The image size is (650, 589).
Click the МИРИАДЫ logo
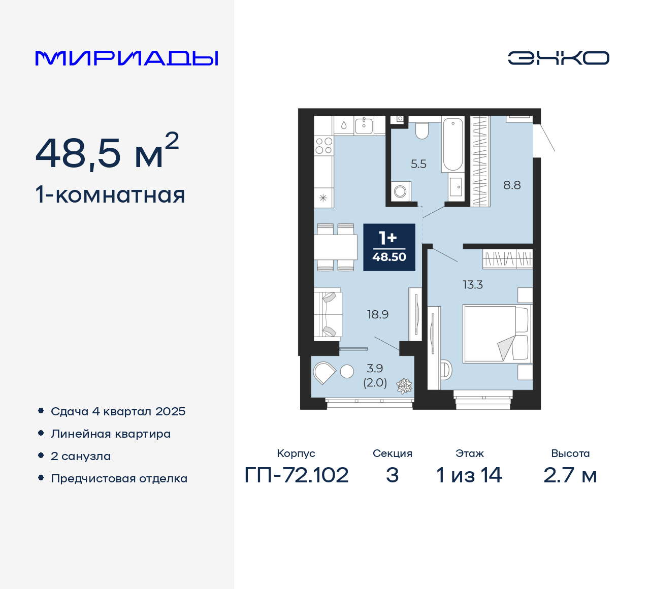pyautogui.click(x=126, y=58)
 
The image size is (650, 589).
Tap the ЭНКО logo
pyautogui.click(x=558, y=58)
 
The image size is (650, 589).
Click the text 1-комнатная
pyautogui.click(x=110, y=195)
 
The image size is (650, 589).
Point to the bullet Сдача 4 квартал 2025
pyautogui.click(x=118, y=411)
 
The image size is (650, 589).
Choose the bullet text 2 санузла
pyautogui.click(x=81, y=456)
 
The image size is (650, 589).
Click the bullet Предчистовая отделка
pyautogui.click(x=119, y=478)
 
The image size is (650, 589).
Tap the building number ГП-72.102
pyautogui.click(x=297, y=475)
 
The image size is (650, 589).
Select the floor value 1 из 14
pyautogui.click(x=469, y=475)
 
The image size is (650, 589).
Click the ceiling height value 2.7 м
pyautogui.click(x=570, y=475)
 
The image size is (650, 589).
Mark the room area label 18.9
pyautogui.click(x=378, y=315)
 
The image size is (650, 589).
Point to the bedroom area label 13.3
pyautogui.click(x=472, y=285)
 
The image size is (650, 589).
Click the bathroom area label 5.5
pyautogui.click(x=418, y=164)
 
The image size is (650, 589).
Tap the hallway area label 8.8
pyautogui.click(x=512, y=185)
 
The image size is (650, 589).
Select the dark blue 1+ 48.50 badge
pyautogui.click(x=389, y=247)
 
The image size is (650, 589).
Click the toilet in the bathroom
pyautogui.click(x=421, y=130)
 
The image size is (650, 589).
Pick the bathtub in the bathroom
pyautogui.click(x=452, y=144)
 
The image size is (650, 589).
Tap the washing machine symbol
pyautogui.click(x=400, y=191)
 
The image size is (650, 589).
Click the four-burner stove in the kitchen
pyautogui.click(x=323, y=146)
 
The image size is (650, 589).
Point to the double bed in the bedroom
pyautogui.click(x=496, y=334)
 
